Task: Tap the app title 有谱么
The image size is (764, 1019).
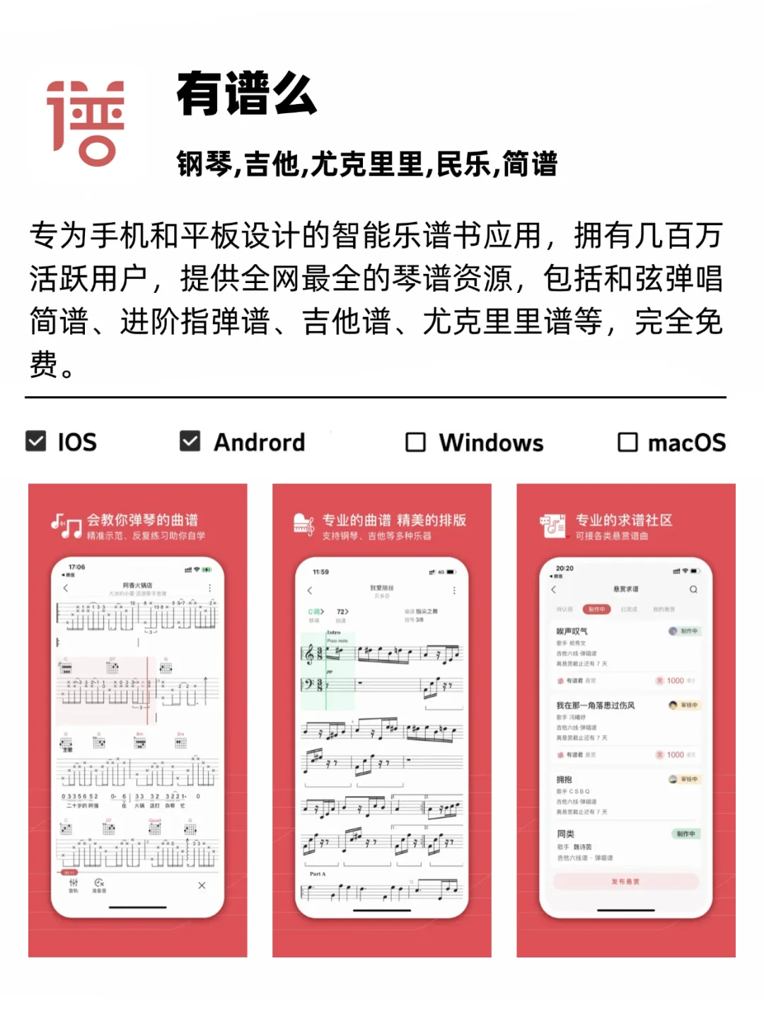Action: click(247, 94)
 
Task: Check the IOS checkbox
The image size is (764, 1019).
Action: click(36, 441)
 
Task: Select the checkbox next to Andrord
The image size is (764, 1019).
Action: click(190, 441)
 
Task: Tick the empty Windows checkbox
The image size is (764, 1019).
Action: click(415, 442)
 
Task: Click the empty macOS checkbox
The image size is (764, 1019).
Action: click(627, 442)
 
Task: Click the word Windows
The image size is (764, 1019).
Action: click(491, 443)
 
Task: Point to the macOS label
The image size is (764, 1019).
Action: click(686, 443)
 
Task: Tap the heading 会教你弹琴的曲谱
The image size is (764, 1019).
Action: click(142, 520)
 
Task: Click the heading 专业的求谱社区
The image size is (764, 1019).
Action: click(624, 520)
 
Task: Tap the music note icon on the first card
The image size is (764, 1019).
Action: click(66, 526)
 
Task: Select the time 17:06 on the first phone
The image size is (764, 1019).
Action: click(76, 568)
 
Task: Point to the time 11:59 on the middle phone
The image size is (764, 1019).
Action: click(320, 572)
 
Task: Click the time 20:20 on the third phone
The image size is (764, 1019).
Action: click(565, 568)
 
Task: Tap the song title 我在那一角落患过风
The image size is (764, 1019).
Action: click(596, 706)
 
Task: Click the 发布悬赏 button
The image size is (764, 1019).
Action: click(625, 882)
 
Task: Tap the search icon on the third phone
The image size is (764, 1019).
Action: click(693, 589)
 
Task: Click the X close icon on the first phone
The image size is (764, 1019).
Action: click(202, 885)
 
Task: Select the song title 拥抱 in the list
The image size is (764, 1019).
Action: click(565, 780)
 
